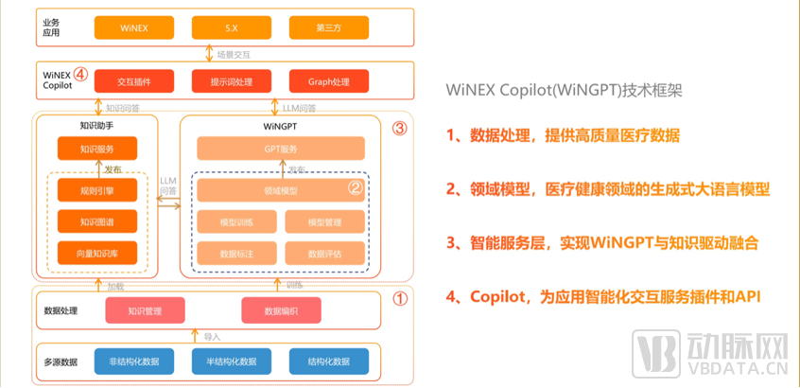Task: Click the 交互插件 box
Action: (x=133, y=80)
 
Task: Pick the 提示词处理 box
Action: (x=231, y=80)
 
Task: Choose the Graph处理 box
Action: (x=328, y=80)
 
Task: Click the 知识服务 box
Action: (x=97, y=148)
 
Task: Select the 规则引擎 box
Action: (x=97, y=191)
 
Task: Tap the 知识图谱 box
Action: (x=97, y=221)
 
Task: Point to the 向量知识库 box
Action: (x=97, y=253)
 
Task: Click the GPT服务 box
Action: (x=280, y=149)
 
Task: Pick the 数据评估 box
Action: (x=324, y=253)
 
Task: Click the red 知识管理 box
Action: (x=145, y=309)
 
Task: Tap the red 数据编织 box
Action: (x=281, y=309)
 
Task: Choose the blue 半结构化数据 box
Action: (x=231, y=361)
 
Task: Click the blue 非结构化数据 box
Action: (x=133, y=361)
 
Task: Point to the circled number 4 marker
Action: (x=81, y=73)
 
